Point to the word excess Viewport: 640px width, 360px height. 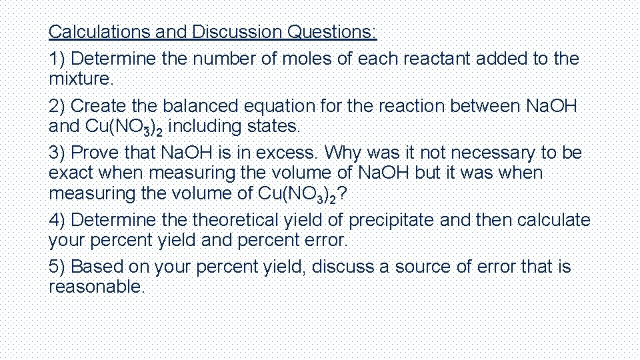[x=292, y=153]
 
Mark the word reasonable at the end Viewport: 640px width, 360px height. [x=96, y=287]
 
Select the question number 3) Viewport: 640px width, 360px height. [x=57, y=153]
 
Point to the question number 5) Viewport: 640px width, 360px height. [x=57, y=267]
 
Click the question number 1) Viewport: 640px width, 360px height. [x=57, y=59]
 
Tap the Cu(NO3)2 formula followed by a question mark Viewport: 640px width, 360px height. [x=300, y=194]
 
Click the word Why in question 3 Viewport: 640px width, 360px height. [x=344, y=153]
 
